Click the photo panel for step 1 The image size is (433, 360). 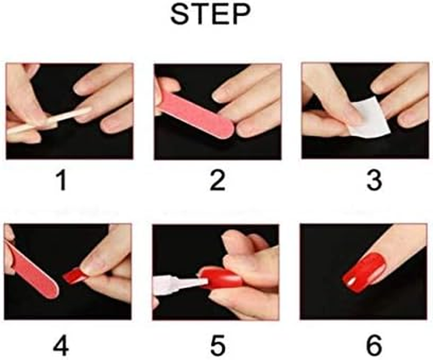point(69,111)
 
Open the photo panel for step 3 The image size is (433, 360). point(365,111)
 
